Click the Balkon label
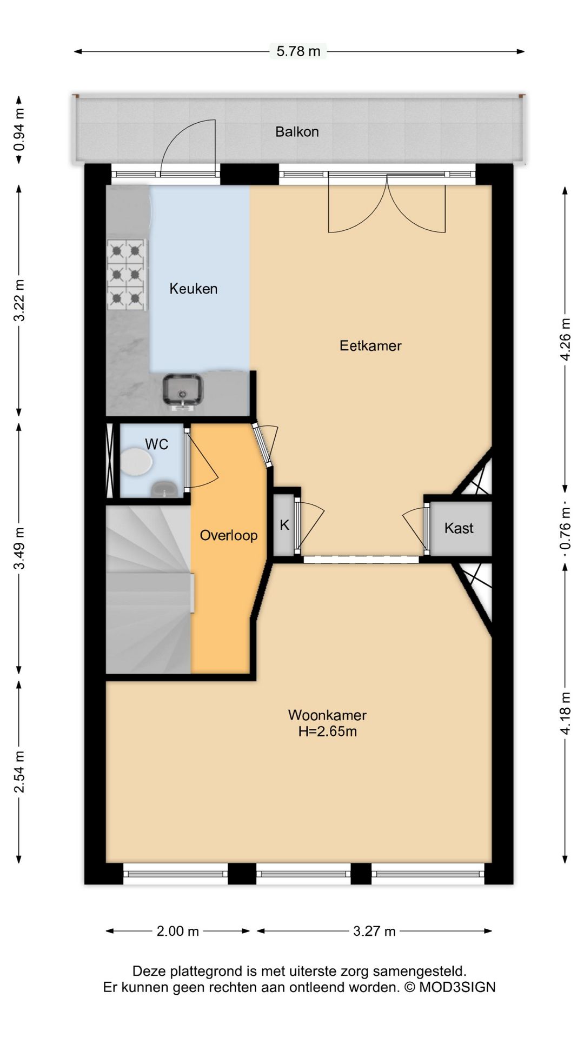click(x=297, y=131)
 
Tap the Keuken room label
click(x=194, y=289)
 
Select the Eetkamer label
click(x=370, y=345)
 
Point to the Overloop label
click(x=229, y=535)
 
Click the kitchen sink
click(x=183, y=390)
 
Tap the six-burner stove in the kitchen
click(x=127, y=275)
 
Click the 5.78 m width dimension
click(x=298, y=51)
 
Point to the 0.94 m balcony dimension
click(x=19, y=130)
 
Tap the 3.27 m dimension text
click(x=374, y=931)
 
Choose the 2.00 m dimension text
click(x=178, y=931)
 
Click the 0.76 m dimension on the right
click(x=566, y=528)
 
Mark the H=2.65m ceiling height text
click(x=328, y=731)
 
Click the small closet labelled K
click(x=284, y=525)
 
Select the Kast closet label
click(x=459, y=528)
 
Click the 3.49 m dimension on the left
click(x=19, y=548)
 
